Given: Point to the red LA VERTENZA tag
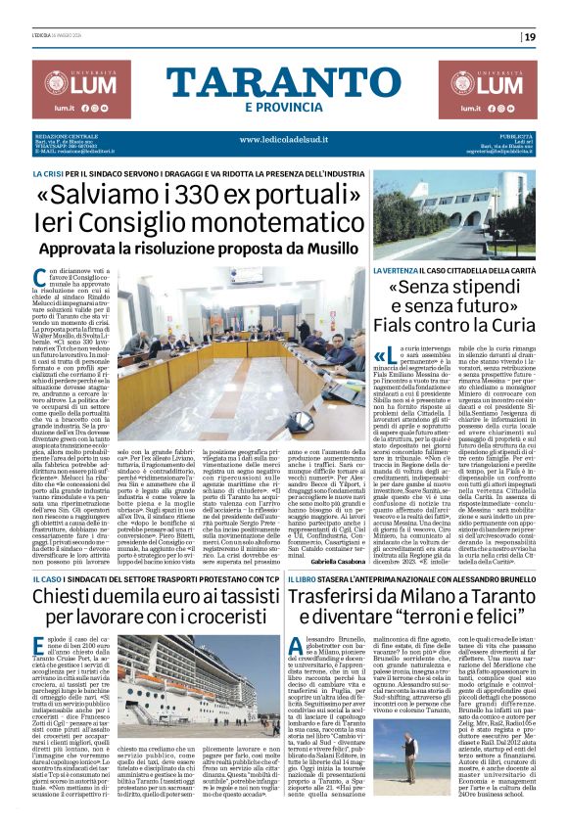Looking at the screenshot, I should [397, 268].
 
